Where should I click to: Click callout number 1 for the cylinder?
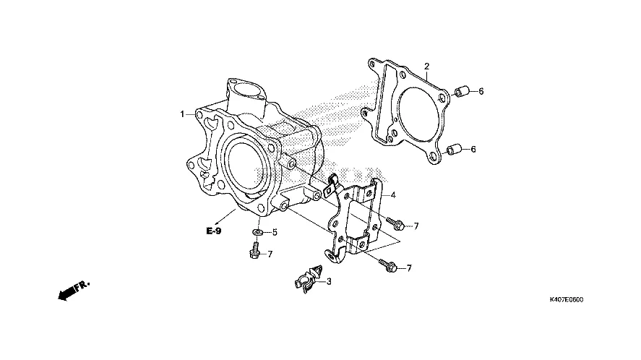click(184, 113)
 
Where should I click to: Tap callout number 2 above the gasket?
click(426, 67)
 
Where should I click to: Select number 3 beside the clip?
click(328, 281)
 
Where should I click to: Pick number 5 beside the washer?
click(274, 233)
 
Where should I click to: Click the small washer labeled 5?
click(258, 232)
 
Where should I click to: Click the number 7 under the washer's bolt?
click(270, 254)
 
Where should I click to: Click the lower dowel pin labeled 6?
click(453, 150)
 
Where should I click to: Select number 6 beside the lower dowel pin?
click(473, 150)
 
